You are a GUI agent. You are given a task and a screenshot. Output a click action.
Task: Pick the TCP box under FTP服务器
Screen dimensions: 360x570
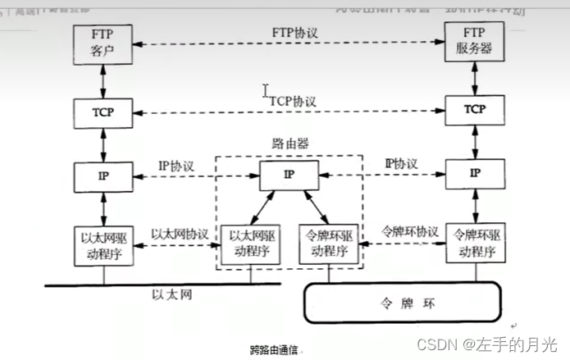pos(473,110)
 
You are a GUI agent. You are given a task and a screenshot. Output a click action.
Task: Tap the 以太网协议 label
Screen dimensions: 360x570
pos(180,232)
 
